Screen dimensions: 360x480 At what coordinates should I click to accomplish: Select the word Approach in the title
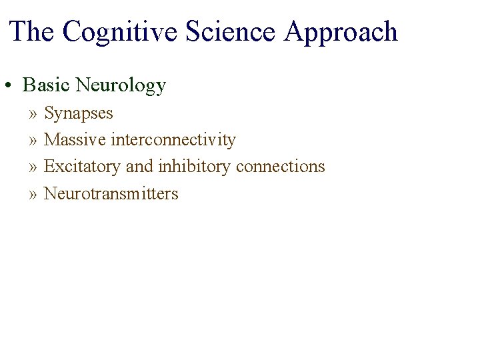pos(340,33)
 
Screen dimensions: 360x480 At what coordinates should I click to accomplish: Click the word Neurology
pos(121,86)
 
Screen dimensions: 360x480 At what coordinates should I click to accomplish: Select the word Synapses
pos(79,114)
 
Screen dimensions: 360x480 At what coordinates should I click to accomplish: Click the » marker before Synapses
pos(33,114)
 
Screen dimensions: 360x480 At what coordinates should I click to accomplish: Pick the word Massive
pos(75,140)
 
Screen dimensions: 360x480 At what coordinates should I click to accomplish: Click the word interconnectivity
pos(173,140)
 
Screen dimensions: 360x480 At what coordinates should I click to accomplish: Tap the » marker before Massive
pos(33,141)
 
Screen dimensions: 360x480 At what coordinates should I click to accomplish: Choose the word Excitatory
pos(83,167)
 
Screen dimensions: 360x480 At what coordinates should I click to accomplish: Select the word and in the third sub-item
pos(139,167)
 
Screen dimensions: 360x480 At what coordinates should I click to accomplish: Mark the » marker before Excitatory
pos(33,167)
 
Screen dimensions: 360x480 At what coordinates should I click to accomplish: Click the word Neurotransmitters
pos(111,194)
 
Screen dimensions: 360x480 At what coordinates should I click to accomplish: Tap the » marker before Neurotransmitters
pos(33,195)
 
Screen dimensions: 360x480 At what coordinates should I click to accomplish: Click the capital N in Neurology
pos(82,85)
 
